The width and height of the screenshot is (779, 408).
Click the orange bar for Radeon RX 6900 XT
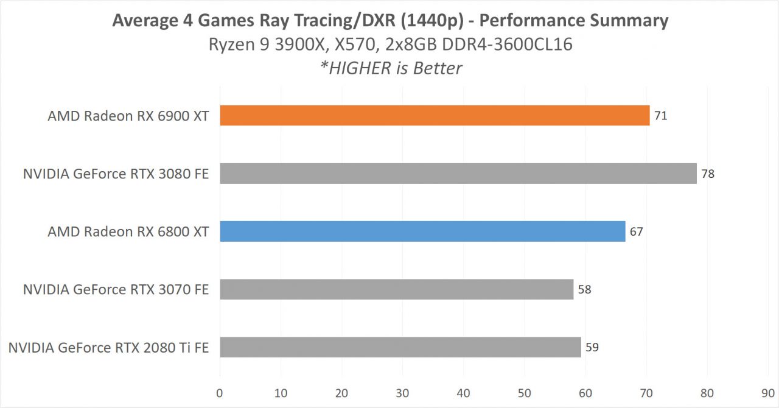[x=435, y=116]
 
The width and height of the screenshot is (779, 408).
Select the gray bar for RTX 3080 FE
[x=458, y=174]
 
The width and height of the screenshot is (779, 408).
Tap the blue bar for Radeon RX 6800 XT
[x=422, y=231]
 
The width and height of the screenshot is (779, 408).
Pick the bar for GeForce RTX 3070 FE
[x=396, y=289]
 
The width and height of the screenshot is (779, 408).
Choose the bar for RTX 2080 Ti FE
[x=400, y=347]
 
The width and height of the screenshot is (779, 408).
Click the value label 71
[x=661, y=116]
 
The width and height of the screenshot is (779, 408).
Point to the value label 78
[x=708, y=174]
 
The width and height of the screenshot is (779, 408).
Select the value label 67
[x=637, y=231]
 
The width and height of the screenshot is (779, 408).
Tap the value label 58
[x=585, y=289]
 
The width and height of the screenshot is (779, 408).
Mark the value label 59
[x=592, y=347]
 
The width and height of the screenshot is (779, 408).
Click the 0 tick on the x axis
[x=220, y=393]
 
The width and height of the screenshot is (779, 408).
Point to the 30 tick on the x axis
[x=402, y=393]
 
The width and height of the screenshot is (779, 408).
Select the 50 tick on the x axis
[x=525, y=393]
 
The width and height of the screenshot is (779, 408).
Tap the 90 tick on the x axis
[x=768, y=393]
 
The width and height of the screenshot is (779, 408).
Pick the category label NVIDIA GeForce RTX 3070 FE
[x=116, y=290]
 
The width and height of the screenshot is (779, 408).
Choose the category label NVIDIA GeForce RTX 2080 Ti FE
[x=108, y=348]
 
